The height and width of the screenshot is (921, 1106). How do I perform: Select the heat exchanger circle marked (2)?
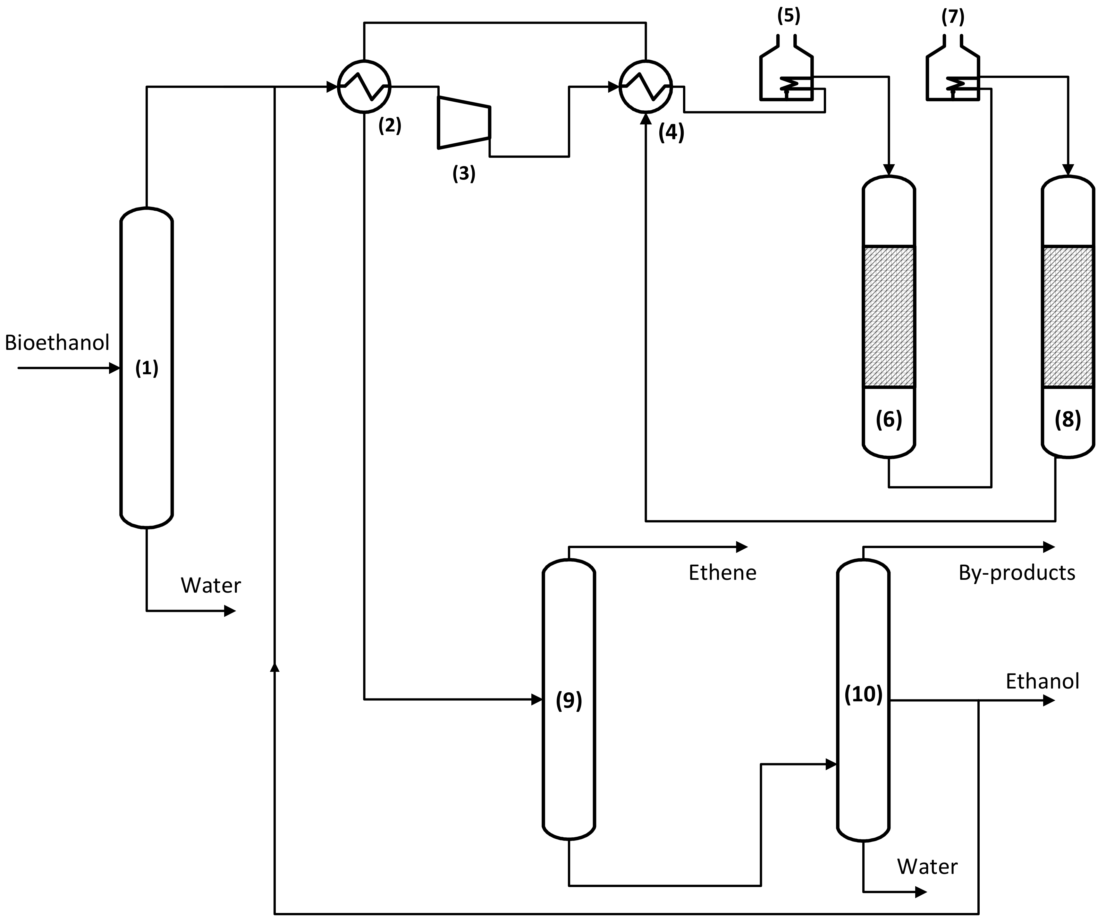pos(364,86)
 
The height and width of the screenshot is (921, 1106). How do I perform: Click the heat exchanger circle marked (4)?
pos(646,86)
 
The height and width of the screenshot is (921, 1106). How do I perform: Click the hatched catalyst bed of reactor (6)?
pos(889,317)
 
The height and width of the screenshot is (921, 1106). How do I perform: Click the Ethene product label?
pos(722,573)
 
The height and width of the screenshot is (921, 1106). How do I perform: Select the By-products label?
pos(1017,573)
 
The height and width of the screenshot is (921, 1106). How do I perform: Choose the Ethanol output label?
pos(1042,681)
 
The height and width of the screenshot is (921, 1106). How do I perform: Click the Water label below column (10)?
pos(927,867)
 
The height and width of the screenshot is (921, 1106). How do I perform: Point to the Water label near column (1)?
pos(211,586)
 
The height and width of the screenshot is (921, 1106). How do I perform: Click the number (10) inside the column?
pos(863,694)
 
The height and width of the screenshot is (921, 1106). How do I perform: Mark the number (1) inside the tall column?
pos(147,368)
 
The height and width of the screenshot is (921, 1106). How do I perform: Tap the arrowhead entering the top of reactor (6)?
pos(889,170)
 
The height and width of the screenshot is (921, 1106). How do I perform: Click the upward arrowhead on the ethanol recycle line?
pos(274,667)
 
